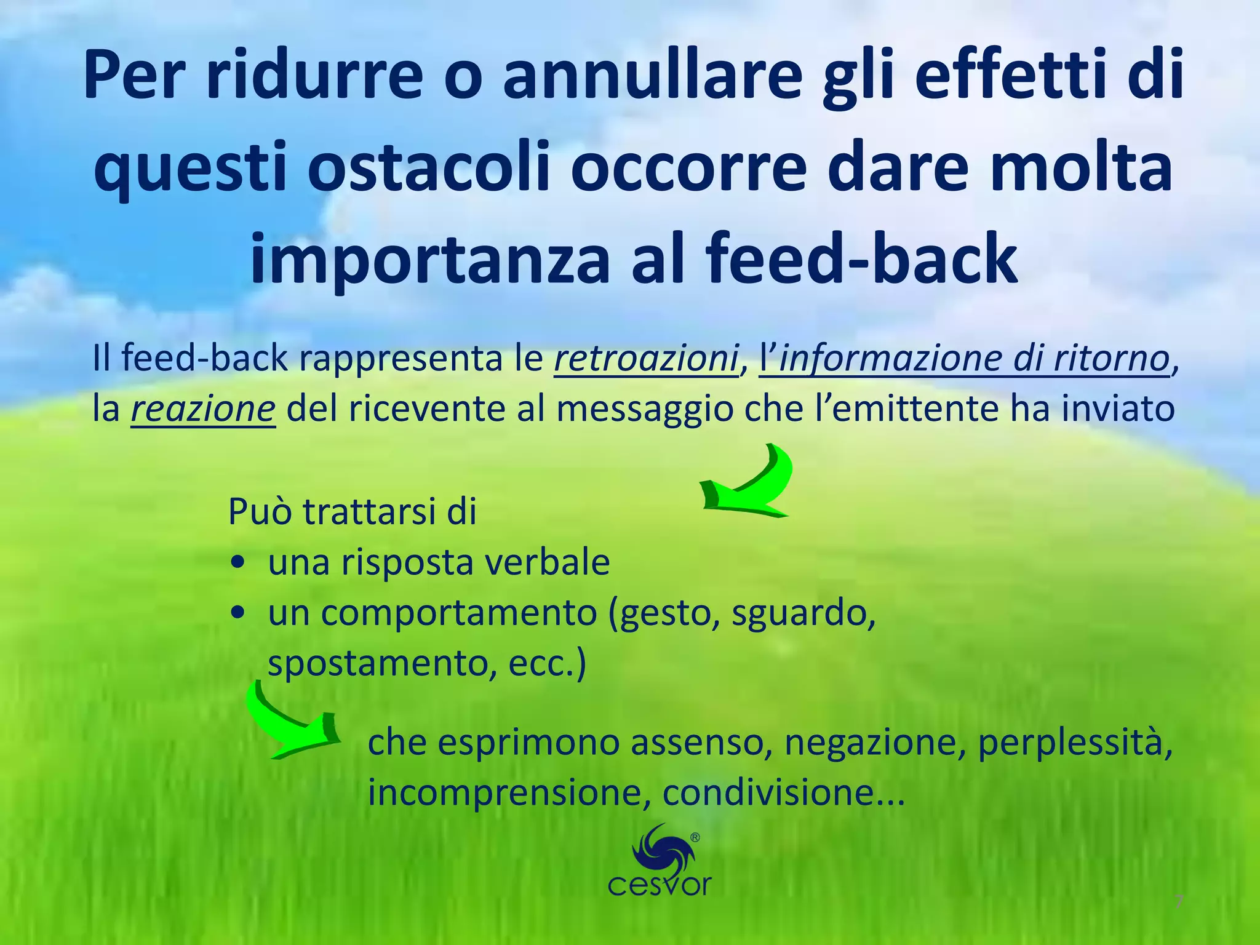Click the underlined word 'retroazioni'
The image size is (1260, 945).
pyautogui.click(x=646, y=359)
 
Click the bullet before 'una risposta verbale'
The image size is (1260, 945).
pyautogui.click(x=237, y=563)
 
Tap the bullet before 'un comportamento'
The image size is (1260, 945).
pyautogui.click(x=237, y=613)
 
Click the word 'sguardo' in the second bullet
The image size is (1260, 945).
pyautogui.click(x=802, y=613)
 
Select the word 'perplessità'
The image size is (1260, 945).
pyautogui.click(x=1074, y=743)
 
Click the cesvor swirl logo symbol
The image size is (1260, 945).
pyautogui.click(x=661, y=850)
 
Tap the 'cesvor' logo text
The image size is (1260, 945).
pyautogui.click(x=659, y=886)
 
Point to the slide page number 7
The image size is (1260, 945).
pyautogui.click(x=1178, y=903)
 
